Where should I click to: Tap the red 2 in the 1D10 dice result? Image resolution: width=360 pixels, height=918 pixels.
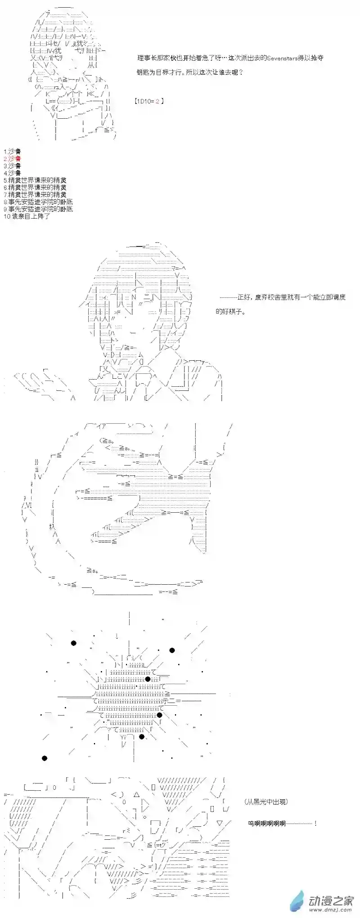157,101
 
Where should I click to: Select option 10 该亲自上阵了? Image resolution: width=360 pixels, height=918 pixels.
27,216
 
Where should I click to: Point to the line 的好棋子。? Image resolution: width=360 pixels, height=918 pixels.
231,311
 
